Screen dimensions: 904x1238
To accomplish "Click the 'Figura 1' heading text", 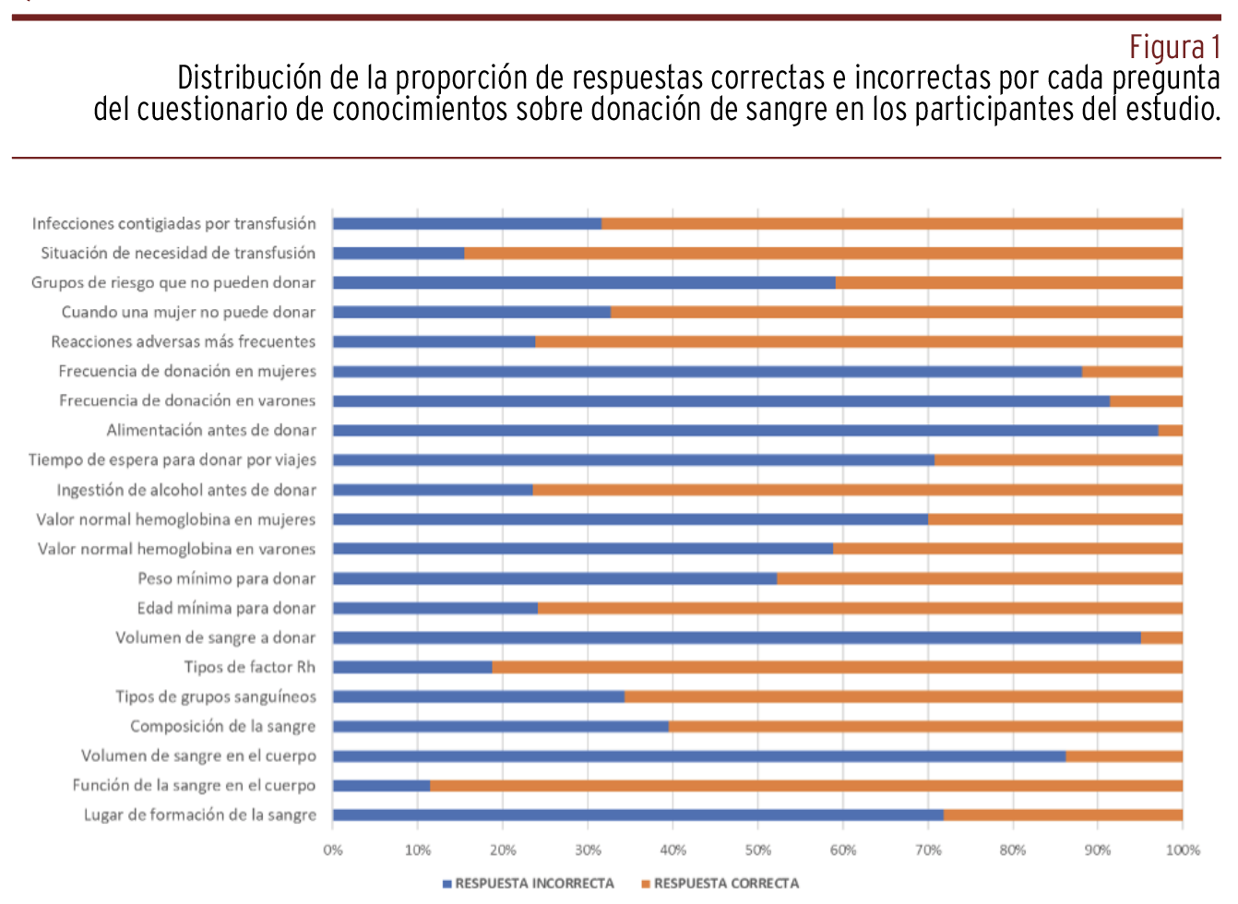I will point(1174,46).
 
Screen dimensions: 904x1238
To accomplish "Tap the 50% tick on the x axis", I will point(757,850).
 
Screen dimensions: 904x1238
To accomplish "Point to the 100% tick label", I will point(1182,850).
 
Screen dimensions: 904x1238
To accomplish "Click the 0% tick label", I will point(333,850).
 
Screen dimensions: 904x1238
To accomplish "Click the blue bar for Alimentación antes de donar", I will point(745,431).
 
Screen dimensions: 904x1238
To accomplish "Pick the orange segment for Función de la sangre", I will point(806,786).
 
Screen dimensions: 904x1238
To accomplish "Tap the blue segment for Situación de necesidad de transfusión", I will point(399,254).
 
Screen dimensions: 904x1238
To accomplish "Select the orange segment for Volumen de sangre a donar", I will point(1161,637).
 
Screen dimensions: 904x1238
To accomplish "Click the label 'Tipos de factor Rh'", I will point(249,667).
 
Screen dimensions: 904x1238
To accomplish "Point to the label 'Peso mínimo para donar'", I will point(226,578).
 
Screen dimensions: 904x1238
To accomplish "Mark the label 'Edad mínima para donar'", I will point(226,608).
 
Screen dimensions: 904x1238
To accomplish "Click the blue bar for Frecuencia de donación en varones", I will point(721,401).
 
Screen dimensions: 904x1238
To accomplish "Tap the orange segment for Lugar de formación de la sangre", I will point(1063,815).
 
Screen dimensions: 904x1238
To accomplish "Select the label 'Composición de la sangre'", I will point(222,726).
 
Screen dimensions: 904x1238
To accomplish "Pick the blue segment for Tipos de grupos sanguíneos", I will point(479,696).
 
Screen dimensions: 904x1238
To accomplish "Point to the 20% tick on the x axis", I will point(503,850).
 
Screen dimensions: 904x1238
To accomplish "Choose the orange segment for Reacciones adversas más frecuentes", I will point(859,342).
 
